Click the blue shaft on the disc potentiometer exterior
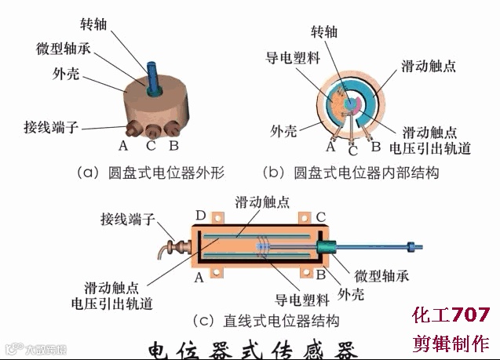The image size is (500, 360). click(151, 69)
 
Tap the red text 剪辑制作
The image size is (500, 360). click(451, 344)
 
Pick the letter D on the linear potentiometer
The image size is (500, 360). click(200, 215)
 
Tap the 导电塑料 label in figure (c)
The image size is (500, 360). click(295, 299)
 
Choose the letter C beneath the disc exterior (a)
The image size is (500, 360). click(151, 146)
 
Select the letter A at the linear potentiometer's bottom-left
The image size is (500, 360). click(199, 277)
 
